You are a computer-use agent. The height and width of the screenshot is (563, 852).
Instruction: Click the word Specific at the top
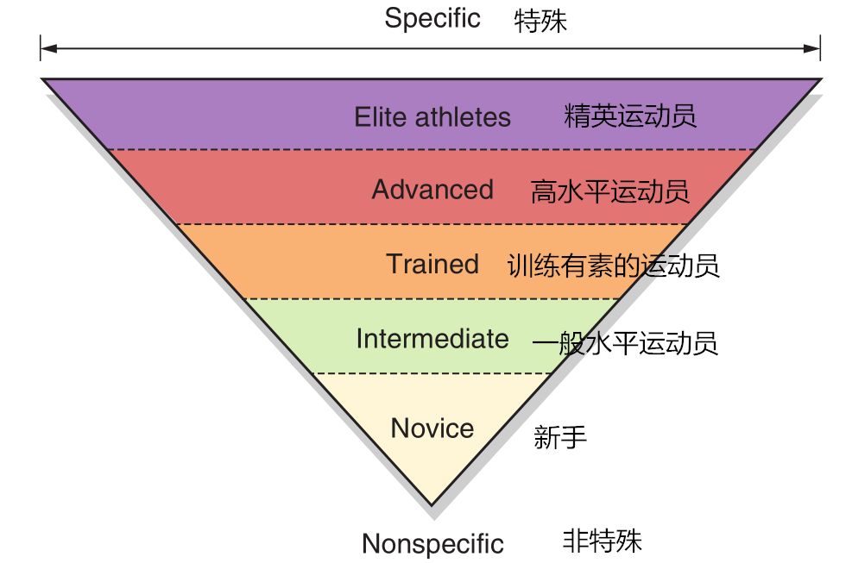tap(432, 19)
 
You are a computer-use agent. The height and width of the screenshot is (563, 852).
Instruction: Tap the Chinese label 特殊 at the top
tap(540, 21)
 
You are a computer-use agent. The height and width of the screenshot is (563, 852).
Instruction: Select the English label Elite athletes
tap(432, 117)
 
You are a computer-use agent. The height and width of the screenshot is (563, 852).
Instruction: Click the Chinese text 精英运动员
tap(630, 116)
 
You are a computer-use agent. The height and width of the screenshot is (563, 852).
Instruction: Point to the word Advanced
tap(432, 190)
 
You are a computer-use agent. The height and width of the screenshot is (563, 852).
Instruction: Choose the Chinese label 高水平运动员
tap(610, 191)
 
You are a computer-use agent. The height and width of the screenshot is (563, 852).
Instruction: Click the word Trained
tap(432, 264)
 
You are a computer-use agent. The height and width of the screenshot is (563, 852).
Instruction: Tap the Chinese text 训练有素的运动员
tap(614, 266)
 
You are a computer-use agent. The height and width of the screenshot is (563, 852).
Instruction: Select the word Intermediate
tap(432, 339)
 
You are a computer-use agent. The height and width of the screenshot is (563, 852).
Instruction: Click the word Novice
tap(432, 428)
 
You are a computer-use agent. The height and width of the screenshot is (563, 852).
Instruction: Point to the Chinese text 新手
tap(560, 437)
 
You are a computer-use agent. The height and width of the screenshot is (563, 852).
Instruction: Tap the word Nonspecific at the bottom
tap(432, 544)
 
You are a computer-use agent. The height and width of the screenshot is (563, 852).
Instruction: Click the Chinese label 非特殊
tap(603, 541)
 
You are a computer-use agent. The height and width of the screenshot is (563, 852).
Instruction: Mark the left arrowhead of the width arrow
tap(45, 47)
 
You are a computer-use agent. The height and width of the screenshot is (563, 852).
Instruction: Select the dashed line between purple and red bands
tap(432, 150)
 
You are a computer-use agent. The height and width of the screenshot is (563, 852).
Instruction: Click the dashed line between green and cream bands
tap(432, 373)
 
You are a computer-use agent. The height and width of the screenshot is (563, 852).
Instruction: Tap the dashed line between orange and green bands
tap(432, 299)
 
